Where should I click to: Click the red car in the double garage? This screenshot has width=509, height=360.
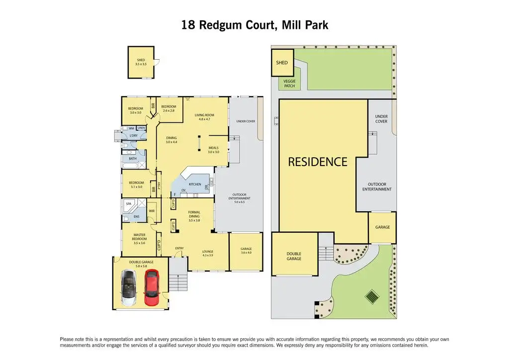152,287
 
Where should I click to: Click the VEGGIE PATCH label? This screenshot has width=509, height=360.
289,84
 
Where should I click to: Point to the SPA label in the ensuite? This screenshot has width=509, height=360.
128,204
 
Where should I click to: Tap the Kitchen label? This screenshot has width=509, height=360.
194,184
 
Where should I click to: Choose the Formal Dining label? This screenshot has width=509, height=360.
194,214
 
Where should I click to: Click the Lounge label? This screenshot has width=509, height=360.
207,253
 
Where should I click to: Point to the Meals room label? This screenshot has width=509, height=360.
213,149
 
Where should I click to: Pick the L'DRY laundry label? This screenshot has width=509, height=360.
133,136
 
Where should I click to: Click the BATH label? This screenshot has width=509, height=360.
133,159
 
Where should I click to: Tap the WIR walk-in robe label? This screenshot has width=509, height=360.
152,211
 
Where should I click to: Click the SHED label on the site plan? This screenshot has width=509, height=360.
282,63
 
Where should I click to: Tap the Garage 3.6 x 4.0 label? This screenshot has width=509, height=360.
246,251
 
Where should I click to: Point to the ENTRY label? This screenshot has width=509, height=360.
179,248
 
